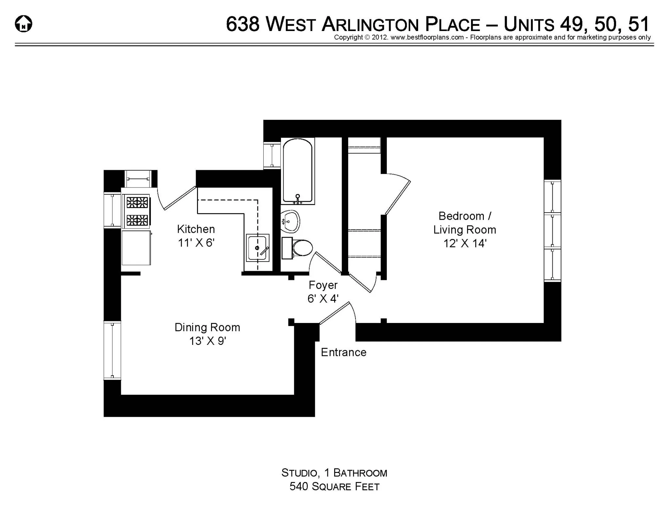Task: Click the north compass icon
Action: (x=24, y=24)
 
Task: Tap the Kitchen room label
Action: (x=196, y=229)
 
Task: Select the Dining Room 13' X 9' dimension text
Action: (x=208, y=341)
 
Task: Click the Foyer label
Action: (x=323, y=285)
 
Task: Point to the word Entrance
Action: (x=344, y=352)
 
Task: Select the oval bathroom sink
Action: (x=290, y=221)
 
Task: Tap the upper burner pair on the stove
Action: (x=137, y=202)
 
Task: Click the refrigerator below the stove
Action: (x=136, y=247)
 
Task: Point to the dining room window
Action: (x=112, y=350)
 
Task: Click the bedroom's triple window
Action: (x=552, y=231)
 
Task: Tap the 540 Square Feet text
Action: (x=334, y=486)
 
